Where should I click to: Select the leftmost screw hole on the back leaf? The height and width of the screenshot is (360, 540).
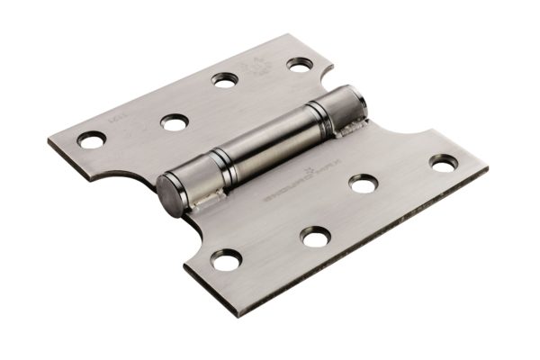point(91,139)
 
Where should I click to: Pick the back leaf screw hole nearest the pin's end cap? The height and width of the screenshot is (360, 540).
point(174,121)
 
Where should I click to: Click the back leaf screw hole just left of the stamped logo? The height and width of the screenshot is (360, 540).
point(225,79)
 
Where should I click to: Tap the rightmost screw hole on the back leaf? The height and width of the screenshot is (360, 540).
point(300,64)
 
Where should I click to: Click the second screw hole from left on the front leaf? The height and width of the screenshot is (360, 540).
point(315,237)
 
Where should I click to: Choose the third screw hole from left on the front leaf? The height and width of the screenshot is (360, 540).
point(363,183)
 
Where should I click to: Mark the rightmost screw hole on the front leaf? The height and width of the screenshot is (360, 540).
point(443,162)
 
